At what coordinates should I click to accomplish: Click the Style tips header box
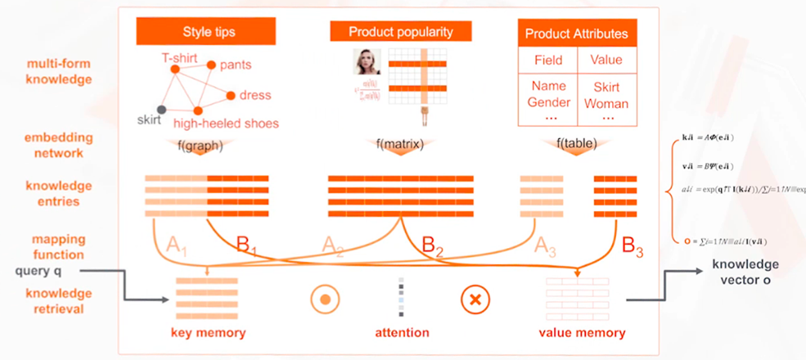tap(209, 32)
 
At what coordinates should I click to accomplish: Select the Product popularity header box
tap(401, 32)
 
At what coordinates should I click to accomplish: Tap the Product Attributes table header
tap(576, 34)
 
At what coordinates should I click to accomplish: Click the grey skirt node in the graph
tap(162, 109)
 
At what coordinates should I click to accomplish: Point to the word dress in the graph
tap(255, 96)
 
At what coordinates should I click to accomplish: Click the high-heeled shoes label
tap(226, 124)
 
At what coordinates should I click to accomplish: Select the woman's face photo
tap(367, 63)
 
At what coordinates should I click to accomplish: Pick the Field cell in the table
tap(547, 60)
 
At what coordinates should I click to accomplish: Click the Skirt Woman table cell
tap(606, 95)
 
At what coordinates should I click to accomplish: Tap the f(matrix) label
tap(401, 145)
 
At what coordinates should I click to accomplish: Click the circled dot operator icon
tap(325, 300)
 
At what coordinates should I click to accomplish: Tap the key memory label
tap(208, 333)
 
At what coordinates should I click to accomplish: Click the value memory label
tap(582, 333)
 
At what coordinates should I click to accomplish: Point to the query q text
tap(39, 271)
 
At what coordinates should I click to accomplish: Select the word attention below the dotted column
tap(402, 333)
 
